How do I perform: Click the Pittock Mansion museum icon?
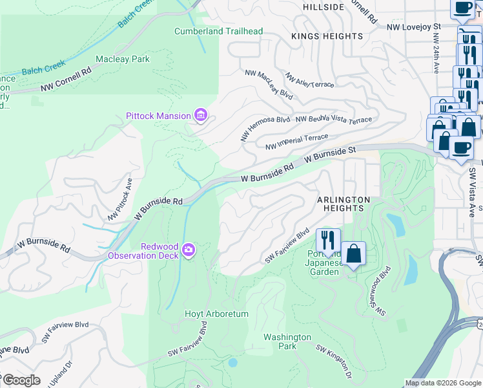coord(201,116)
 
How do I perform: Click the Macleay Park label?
coord(123,59)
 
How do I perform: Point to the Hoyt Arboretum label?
coord(218,314)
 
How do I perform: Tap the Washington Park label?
coord(287,341)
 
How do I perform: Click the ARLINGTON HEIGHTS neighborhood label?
coord(344,204)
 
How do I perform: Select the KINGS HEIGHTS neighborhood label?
coord(327,36)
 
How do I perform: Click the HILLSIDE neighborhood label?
coord(324,7)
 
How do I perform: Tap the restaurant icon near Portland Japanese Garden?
coord(328,241)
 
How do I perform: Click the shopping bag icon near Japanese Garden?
coord(354,253)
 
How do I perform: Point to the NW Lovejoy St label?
coord(413,27)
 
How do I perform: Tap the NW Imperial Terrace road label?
coord(296,141)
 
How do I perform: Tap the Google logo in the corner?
coord(22,380)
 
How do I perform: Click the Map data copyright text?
coord(442,383)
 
